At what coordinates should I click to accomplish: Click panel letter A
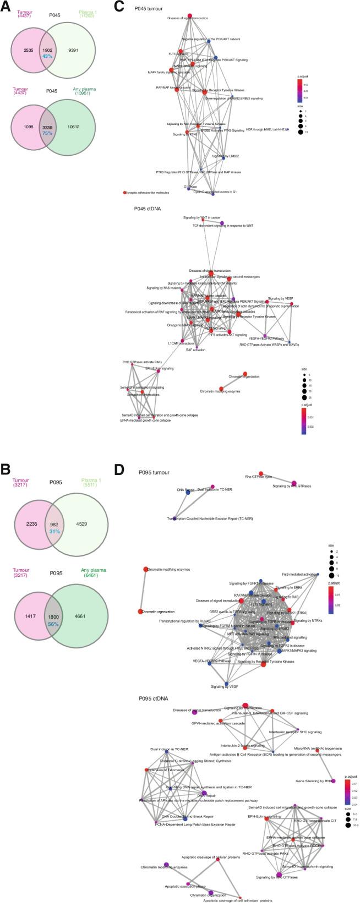click(5, 5)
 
